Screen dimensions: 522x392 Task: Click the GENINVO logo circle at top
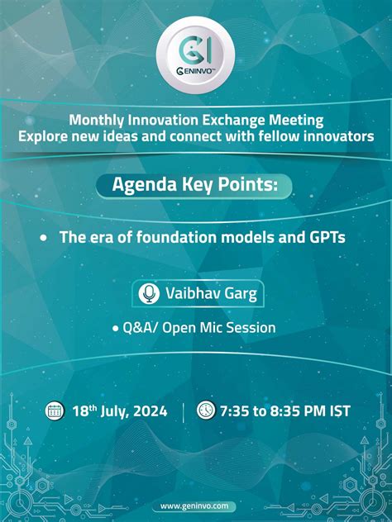click(196, 51)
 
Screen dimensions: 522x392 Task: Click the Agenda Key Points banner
click(195, 186)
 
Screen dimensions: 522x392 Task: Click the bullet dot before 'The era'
click(43, 237)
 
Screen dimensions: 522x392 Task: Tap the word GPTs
click(326, 236)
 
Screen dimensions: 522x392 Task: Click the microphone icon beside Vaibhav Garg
click(149, 293)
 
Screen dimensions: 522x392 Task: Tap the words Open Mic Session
click(219, 328)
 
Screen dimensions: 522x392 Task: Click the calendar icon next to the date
click(55, 410)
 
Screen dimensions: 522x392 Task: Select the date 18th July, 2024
click(119, 410)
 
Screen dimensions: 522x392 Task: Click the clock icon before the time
click(206, 410)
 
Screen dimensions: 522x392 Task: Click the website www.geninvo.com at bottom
click(196, 505)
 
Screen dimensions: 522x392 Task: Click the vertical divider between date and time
click(183, 410)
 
